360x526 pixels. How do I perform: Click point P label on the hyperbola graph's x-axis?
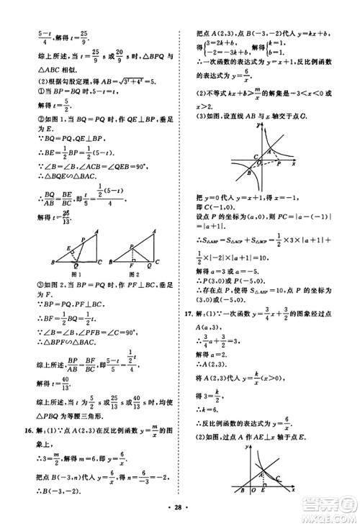click(279, 185)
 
